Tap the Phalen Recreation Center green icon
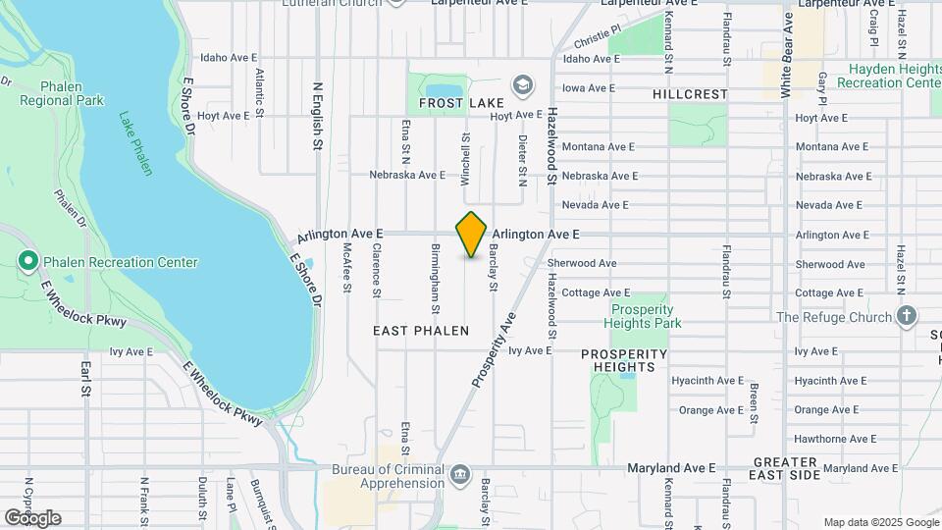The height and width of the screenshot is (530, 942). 28,262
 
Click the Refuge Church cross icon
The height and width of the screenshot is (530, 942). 907,316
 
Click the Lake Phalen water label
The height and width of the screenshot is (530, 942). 136,143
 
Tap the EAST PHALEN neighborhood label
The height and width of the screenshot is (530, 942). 421,332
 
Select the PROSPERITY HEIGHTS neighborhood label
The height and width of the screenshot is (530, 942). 624,360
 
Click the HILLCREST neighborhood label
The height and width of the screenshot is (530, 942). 690,95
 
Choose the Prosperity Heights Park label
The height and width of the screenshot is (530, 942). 643,316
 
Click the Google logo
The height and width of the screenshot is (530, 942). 32,518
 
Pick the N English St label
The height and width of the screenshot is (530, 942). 317,116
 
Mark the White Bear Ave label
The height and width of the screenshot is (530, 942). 786,59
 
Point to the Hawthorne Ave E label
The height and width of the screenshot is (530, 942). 827,439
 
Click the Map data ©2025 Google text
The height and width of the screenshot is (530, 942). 881,522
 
